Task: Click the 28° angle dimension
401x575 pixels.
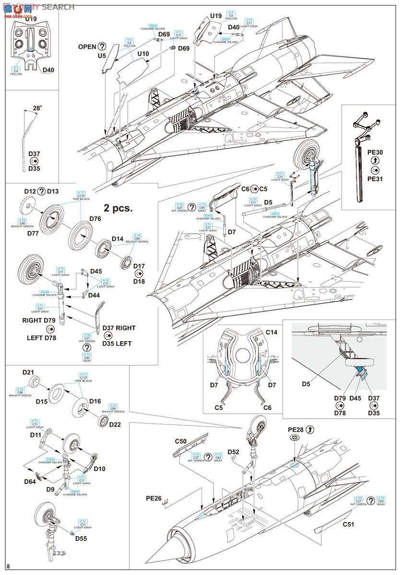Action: click(x=37, y=109)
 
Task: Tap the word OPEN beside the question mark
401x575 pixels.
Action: click(x=87, y=46)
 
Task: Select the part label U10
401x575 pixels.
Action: click(x=143, y=54)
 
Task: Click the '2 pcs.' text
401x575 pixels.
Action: click(x=118, y=208)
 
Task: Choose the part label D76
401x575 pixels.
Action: click(x=95, y=219)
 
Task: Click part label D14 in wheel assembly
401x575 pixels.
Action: click(x=118, y=238)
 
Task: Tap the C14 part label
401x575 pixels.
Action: click(x=271, y=332)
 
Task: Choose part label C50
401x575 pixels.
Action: click(x=180, y=441)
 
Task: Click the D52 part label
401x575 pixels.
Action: click(x=234, y=451)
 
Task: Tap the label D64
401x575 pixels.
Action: click(x=29, y=481)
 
